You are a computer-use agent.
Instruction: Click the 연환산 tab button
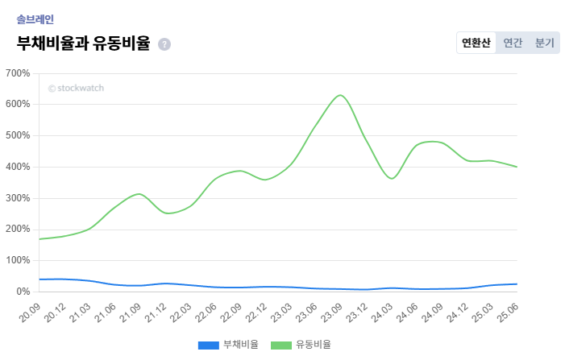[476, 43]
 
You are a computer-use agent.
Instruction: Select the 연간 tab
[513, 43]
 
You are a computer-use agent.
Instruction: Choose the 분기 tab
[545, 43]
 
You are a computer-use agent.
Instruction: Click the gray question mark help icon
[164, 44]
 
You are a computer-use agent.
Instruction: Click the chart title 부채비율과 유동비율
[83, 43]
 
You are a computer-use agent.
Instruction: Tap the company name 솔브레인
[35, 19]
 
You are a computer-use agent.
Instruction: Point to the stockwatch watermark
[76, 89]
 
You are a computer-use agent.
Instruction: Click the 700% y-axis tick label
[18, 73]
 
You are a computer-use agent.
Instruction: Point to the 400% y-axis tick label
[18, 167]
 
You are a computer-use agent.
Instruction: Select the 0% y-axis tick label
[23, 292]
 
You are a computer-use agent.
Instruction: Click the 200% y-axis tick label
[18, 230]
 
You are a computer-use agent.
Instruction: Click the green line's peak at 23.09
[340, 95]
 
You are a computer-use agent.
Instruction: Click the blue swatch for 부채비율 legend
[209, 345]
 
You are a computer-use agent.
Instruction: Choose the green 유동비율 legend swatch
[281, 345]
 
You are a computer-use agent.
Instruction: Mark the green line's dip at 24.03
[392, 179]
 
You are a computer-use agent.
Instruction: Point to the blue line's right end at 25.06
[516, 284]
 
